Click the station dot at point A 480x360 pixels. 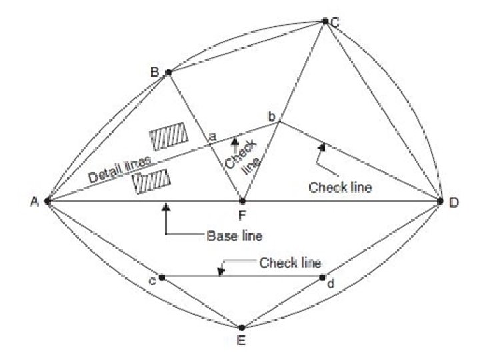pyautogui.click(x=47, y=201)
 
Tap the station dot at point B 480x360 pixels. pyautogui.click(x=168, y=72)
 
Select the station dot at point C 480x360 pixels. pyautogui.click(x=325, y=21)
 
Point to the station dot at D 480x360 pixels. pyautogui.click(x=441, y=201)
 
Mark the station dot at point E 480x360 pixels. pyautogui.click(x=242, y=327)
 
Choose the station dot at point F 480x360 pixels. pyautogui.click(x=242, y=201)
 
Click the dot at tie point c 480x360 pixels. pyautogui.click(x=162, y=277)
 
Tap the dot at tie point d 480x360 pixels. pyautogui.click(x=323, y=277)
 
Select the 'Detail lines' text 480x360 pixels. pyautogui.click(x=120, y=171)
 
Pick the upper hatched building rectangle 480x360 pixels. pyautogui.click(x=167, y=137)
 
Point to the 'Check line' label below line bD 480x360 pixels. pyautogui.click(x=340, y=187)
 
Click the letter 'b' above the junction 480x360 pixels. pyautogui.click(x=271, y=117)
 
